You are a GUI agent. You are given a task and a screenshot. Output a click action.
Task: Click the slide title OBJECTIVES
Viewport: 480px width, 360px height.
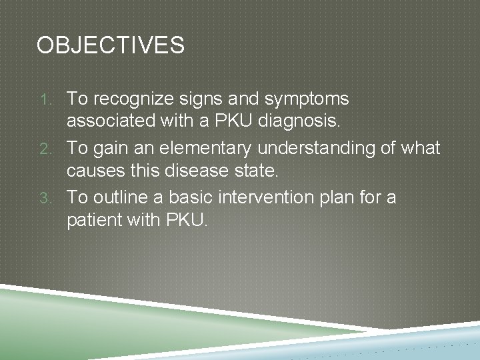click(x=111, y=45)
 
